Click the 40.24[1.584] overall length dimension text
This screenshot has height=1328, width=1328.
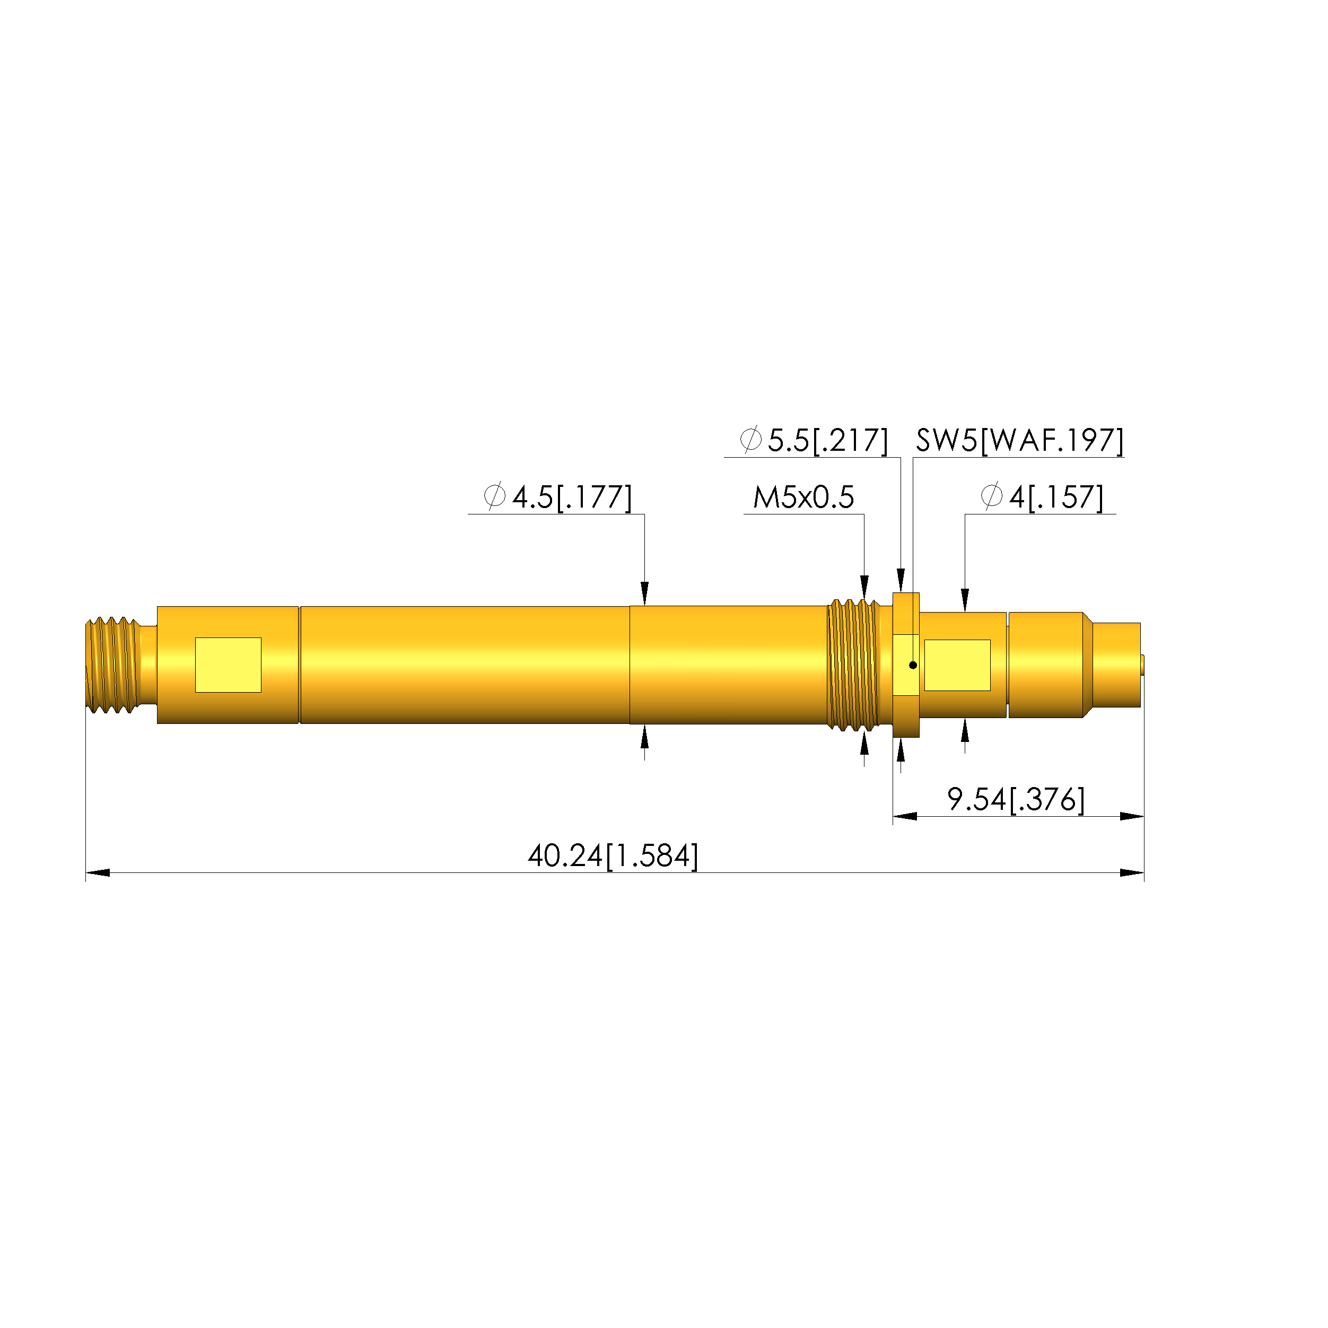pyautogui.click(x=613, y=857)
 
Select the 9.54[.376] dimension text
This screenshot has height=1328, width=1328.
pyautogui.click(x=1016, y=799)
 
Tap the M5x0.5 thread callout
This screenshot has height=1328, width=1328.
pyautogui.click(x=803, y=497)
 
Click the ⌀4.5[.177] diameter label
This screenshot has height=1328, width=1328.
pyautogui.click(x=557, y=497)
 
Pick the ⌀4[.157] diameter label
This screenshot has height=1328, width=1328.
pyautogui.click(x=1042, y=497)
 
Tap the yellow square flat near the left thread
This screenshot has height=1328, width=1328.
pyautogui.click(x=228, y=665)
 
